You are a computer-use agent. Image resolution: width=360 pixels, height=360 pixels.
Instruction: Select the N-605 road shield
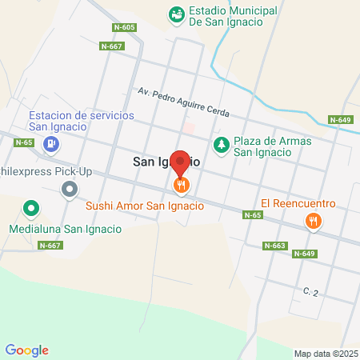point(124,26)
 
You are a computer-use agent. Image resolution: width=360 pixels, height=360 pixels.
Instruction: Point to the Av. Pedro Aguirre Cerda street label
point(183,102)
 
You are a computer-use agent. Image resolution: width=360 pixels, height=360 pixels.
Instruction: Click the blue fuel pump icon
point(51,144)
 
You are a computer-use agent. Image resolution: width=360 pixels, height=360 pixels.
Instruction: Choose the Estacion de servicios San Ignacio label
point(82,121)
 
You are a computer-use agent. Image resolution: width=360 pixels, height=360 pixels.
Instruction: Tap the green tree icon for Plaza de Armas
point(220,145)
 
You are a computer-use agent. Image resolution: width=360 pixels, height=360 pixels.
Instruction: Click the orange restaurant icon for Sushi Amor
point(182,186)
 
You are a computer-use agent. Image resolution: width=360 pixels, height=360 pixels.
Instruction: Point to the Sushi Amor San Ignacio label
point(144,206)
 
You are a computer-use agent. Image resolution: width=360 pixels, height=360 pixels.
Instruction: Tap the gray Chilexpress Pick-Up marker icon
point(70,190)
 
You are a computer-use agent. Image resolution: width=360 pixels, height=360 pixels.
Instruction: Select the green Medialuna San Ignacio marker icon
point(31,210)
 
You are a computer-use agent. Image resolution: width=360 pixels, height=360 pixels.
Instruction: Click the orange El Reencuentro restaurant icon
point(314,220)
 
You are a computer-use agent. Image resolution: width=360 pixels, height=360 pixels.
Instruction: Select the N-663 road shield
point(274,246)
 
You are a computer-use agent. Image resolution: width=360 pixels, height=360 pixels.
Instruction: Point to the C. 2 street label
point(311,291)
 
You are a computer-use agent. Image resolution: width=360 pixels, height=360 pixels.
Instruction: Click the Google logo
point(27,350)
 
